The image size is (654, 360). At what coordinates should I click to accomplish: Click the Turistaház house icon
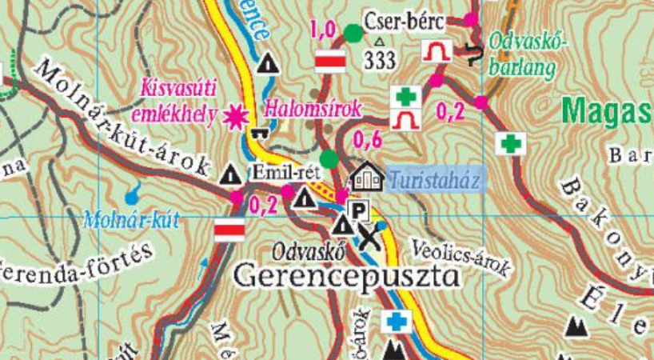pyautogui.click(x=367, y=177)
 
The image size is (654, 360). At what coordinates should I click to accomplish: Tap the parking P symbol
pyautogui.click(x=361, y=211)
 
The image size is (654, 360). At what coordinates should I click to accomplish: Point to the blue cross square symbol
pyautogui.click(x=394, y=322)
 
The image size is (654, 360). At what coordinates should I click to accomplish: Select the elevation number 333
pyautogui.click(x=381, y=59)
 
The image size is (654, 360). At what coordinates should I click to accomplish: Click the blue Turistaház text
pyautogui.click(x=435, y=182)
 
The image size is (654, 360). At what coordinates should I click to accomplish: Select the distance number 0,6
pyautogui.click(x=367, y=141)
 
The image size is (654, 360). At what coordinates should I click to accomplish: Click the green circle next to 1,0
pyautogui.click(x=352, y=33)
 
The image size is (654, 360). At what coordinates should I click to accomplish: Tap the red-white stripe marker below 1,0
pyautogui.click(x=330, y=61)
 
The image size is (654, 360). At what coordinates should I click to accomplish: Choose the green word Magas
pyautogui.click(x=608, y=110)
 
